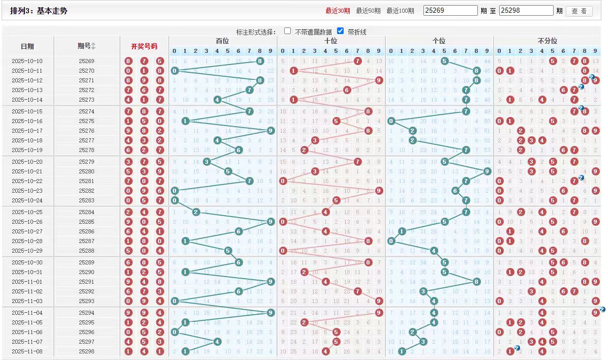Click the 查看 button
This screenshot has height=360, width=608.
[579, 11]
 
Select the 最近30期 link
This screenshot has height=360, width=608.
[338, 11]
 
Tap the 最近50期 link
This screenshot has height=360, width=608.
[368, 11]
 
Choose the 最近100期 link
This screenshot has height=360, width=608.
[400, 11]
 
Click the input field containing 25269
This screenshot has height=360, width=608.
[450, 11]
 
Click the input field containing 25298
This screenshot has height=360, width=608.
[526, 11]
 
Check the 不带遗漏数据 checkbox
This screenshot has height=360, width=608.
[288, 31]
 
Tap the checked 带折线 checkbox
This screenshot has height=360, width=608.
[341, 31]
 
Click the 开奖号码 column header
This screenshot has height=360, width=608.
[144, 46]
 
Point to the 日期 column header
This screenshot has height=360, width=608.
[27, 46]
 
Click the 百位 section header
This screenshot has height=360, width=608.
[222, 41]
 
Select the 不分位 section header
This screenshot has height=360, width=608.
[547, 41]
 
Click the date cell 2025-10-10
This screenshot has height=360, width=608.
[27, 61]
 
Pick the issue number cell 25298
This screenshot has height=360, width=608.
[86, 351]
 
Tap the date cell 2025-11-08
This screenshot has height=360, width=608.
[27, 351]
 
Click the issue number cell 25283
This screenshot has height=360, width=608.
[86, 200]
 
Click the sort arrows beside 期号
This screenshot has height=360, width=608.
[93, 46]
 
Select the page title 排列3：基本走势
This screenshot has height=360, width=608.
[39, 11]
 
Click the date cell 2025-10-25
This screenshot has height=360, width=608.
[27, 212]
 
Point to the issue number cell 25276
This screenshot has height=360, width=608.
[86, 131]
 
